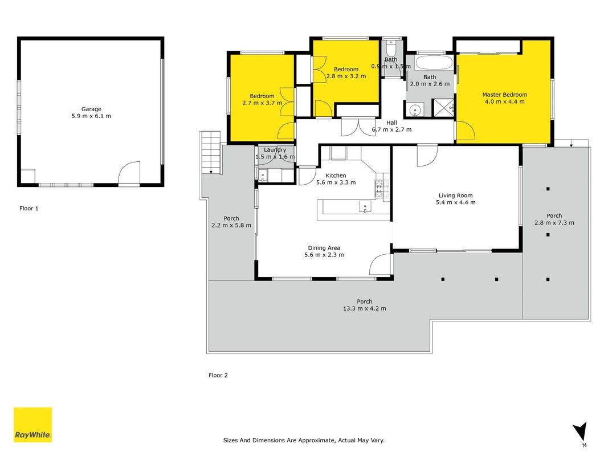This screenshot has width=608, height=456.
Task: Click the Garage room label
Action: [x=91, y=109]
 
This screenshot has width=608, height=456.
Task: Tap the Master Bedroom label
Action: [x=504, y=95]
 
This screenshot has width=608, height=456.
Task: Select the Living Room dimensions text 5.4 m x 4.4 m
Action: [x=456, y=202]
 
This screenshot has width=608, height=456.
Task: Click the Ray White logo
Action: [x=32, y=425]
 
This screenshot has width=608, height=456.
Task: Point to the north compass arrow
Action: [x=581, y=431]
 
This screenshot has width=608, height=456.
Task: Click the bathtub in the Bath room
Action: [x=434, y=63]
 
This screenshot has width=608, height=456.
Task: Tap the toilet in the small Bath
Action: [x=390, y=47]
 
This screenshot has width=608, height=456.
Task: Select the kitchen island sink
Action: [x=365, y=206]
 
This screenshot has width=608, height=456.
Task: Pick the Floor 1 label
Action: [x=29, y=209]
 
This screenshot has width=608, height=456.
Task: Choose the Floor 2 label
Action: [x=218, y=376]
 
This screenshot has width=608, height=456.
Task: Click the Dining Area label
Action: [x=324, y=248]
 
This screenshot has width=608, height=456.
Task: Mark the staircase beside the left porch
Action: [x=210, y=153]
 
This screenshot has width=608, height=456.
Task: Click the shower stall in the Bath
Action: [x=443, y=108]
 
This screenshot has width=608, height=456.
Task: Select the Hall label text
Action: [x=391, y=123]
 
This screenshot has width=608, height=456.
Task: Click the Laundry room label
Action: [x=275, y=150]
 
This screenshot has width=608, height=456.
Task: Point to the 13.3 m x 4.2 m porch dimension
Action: [x=365, y=308]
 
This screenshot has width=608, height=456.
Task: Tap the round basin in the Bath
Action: [x=415, y=110]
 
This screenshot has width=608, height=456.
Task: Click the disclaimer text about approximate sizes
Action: [x=304, y=441]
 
